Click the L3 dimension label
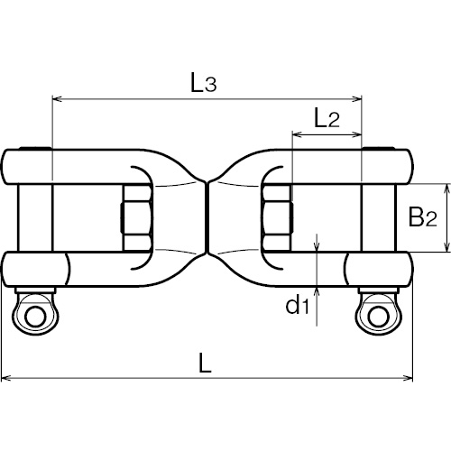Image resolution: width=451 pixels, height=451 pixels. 203,83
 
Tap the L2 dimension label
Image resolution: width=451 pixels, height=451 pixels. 327,118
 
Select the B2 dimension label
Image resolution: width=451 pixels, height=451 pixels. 422,216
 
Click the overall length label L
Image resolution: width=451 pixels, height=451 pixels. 206,363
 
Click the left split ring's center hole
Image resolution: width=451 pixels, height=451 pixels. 36,317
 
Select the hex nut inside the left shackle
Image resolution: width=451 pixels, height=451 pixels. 136,217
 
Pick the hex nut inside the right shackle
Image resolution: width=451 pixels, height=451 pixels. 277,217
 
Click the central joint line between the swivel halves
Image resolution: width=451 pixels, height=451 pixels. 207,217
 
